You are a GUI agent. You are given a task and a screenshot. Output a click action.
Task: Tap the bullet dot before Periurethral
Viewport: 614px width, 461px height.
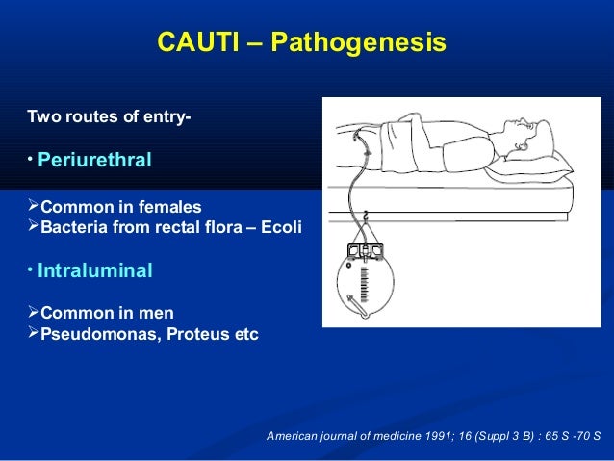30,157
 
